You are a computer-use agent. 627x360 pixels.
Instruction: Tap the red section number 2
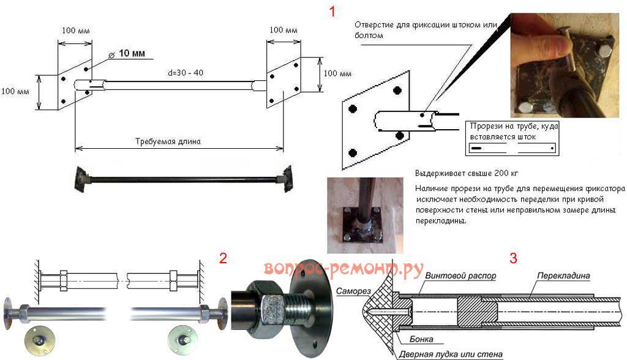point(223,258)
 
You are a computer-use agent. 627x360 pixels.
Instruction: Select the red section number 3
point(513,258)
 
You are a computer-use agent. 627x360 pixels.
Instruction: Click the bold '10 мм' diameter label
point(131,54)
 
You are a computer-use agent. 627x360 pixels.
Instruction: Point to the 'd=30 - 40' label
point(186,73)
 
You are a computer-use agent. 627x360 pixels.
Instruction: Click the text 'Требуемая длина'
point(168,141)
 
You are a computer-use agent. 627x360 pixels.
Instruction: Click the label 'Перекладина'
point(563,276)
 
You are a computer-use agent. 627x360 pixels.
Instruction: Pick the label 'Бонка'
point(410,339)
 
